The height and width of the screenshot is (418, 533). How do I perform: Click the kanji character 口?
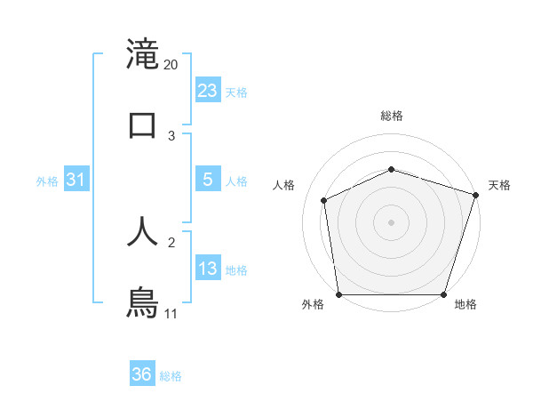click(143, 125)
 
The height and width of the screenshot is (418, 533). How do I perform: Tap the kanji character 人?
click(143, 230)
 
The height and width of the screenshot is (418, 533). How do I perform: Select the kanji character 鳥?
click(143, 301)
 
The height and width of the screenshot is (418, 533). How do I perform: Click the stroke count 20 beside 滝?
click(171, 65)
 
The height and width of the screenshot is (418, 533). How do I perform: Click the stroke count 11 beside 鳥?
click(171, 314)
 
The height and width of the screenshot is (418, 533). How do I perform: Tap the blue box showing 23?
click(208, 91)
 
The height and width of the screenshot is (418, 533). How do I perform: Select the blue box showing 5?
click(208, 180)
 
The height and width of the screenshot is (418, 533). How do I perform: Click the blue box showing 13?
click(208, 269)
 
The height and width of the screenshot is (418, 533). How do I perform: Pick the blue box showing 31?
click(76, 180)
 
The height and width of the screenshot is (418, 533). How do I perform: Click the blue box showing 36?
click(142, 374)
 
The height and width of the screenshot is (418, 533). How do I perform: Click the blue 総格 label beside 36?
click(171, 376)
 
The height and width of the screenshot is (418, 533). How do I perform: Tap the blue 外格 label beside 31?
click(47, 181)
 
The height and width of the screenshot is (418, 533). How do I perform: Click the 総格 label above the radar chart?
click(392, 116)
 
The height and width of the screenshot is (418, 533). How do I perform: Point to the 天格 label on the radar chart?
click(499, 185)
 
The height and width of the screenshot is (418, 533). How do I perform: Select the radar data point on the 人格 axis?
click(324, 200)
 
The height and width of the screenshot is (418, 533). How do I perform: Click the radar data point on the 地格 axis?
click(443, 294)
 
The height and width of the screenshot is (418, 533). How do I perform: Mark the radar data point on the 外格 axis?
click(339, 294)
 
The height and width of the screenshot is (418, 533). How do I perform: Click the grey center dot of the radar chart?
click(392, 222)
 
